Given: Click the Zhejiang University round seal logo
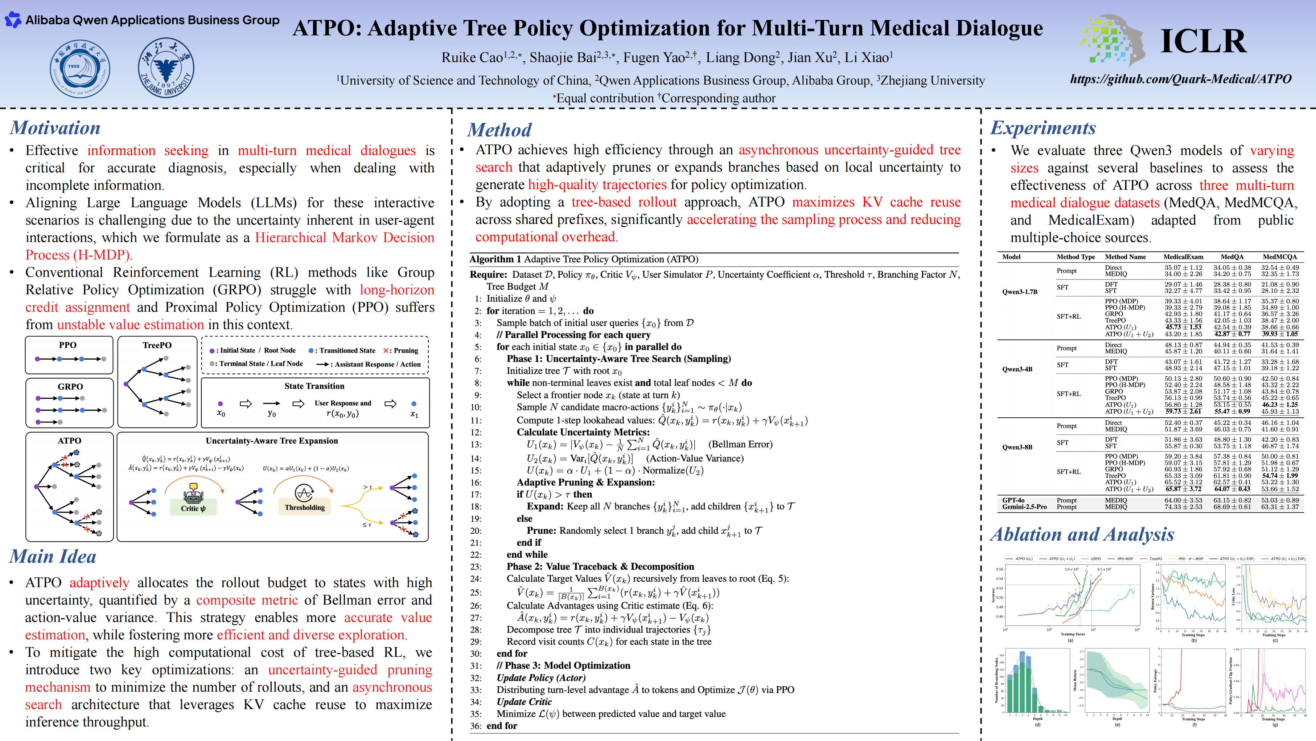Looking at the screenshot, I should tap(166, 68).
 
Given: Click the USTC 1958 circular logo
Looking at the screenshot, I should tap(80, 69).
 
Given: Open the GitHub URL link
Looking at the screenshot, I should tap(1180, 79).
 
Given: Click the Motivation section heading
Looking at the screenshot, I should tap(55, 128).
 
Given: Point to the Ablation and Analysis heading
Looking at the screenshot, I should tap(1082, 534).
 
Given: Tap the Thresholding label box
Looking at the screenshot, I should tap(304, 507).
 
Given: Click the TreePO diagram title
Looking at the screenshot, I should tap(157, 345).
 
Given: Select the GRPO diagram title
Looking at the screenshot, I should tap(70, 386).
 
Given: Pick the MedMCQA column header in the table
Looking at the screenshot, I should tap(1279, 257).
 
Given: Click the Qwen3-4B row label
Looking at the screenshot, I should tap(1017, 369).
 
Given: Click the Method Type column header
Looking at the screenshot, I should tap(1076, 257).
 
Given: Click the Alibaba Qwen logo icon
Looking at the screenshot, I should tap(13, 20).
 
